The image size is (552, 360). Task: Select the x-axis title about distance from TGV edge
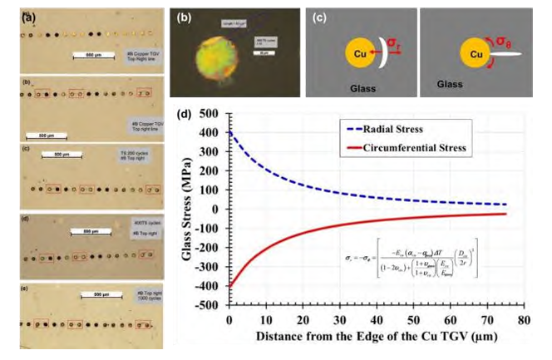[377, 337]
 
